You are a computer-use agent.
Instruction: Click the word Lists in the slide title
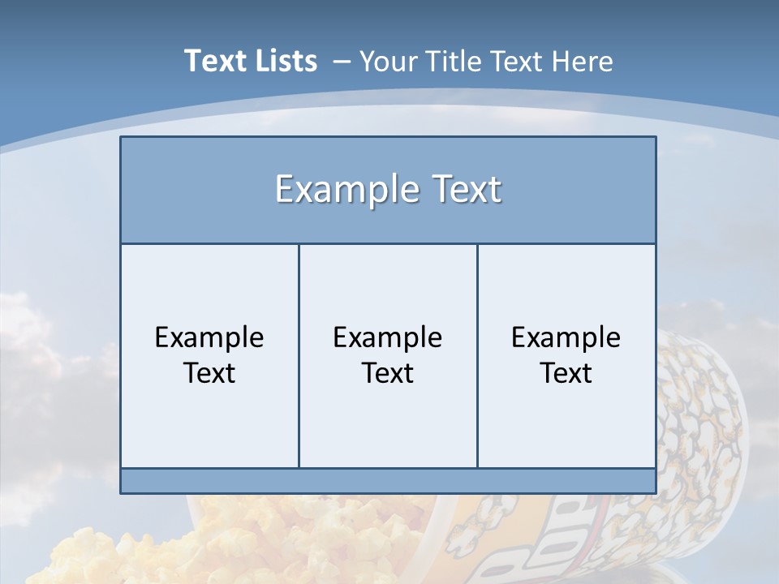pyautogui.click(x=283, y=61)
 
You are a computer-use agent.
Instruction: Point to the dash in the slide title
pyautogui.click(x=342, y=62)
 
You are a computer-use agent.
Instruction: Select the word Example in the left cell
pyautogui.click(x=209, y=337)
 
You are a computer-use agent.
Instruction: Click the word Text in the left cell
pyautogui.click(x=209, y=373)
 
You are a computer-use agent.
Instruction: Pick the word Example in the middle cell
pyautogui.click(x=388, y=337)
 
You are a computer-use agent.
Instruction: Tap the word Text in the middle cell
pyautogui.click(x=388, y=373)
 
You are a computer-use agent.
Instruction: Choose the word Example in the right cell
pyautogui.click(x=566, y=337)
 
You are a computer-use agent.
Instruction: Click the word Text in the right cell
pyautogui.click(x=566, y=373)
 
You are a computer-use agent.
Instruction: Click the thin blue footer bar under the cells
pyautogui.click(x=388, y=481)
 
